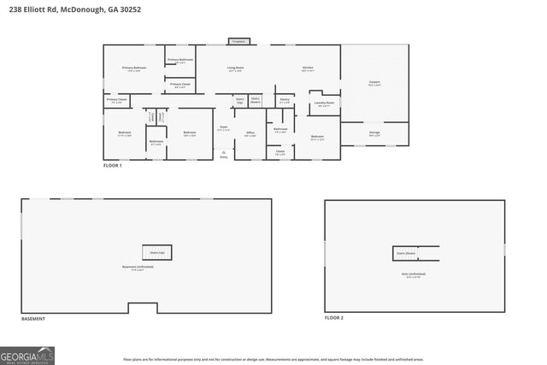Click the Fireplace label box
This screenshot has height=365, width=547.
239,41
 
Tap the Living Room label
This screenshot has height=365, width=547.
235,68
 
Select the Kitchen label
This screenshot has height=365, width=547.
308,68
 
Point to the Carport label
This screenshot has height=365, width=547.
374,83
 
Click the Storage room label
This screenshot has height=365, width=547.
374,133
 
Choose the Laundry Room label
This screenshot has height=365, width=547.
324,104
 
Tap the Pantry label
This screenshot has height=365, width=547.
284,101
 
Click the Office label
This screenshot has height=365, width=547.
250,133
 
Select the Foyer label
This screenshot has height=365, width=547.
223,128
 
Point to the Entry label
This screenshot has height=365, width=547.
224,157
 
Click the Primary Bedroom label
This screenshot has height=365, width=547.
134,68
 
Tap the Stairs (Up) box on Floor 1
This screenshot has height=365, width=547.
240,100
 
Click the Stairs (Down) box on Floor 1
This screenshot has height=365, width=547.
256,100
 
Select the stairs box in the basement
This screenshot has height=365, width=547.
156,252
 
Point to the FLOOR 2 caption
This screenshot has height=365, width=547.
333,317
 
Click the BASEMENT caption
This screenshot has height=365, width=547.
33,319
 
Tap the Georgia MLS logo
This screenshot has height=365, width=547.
27,355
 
